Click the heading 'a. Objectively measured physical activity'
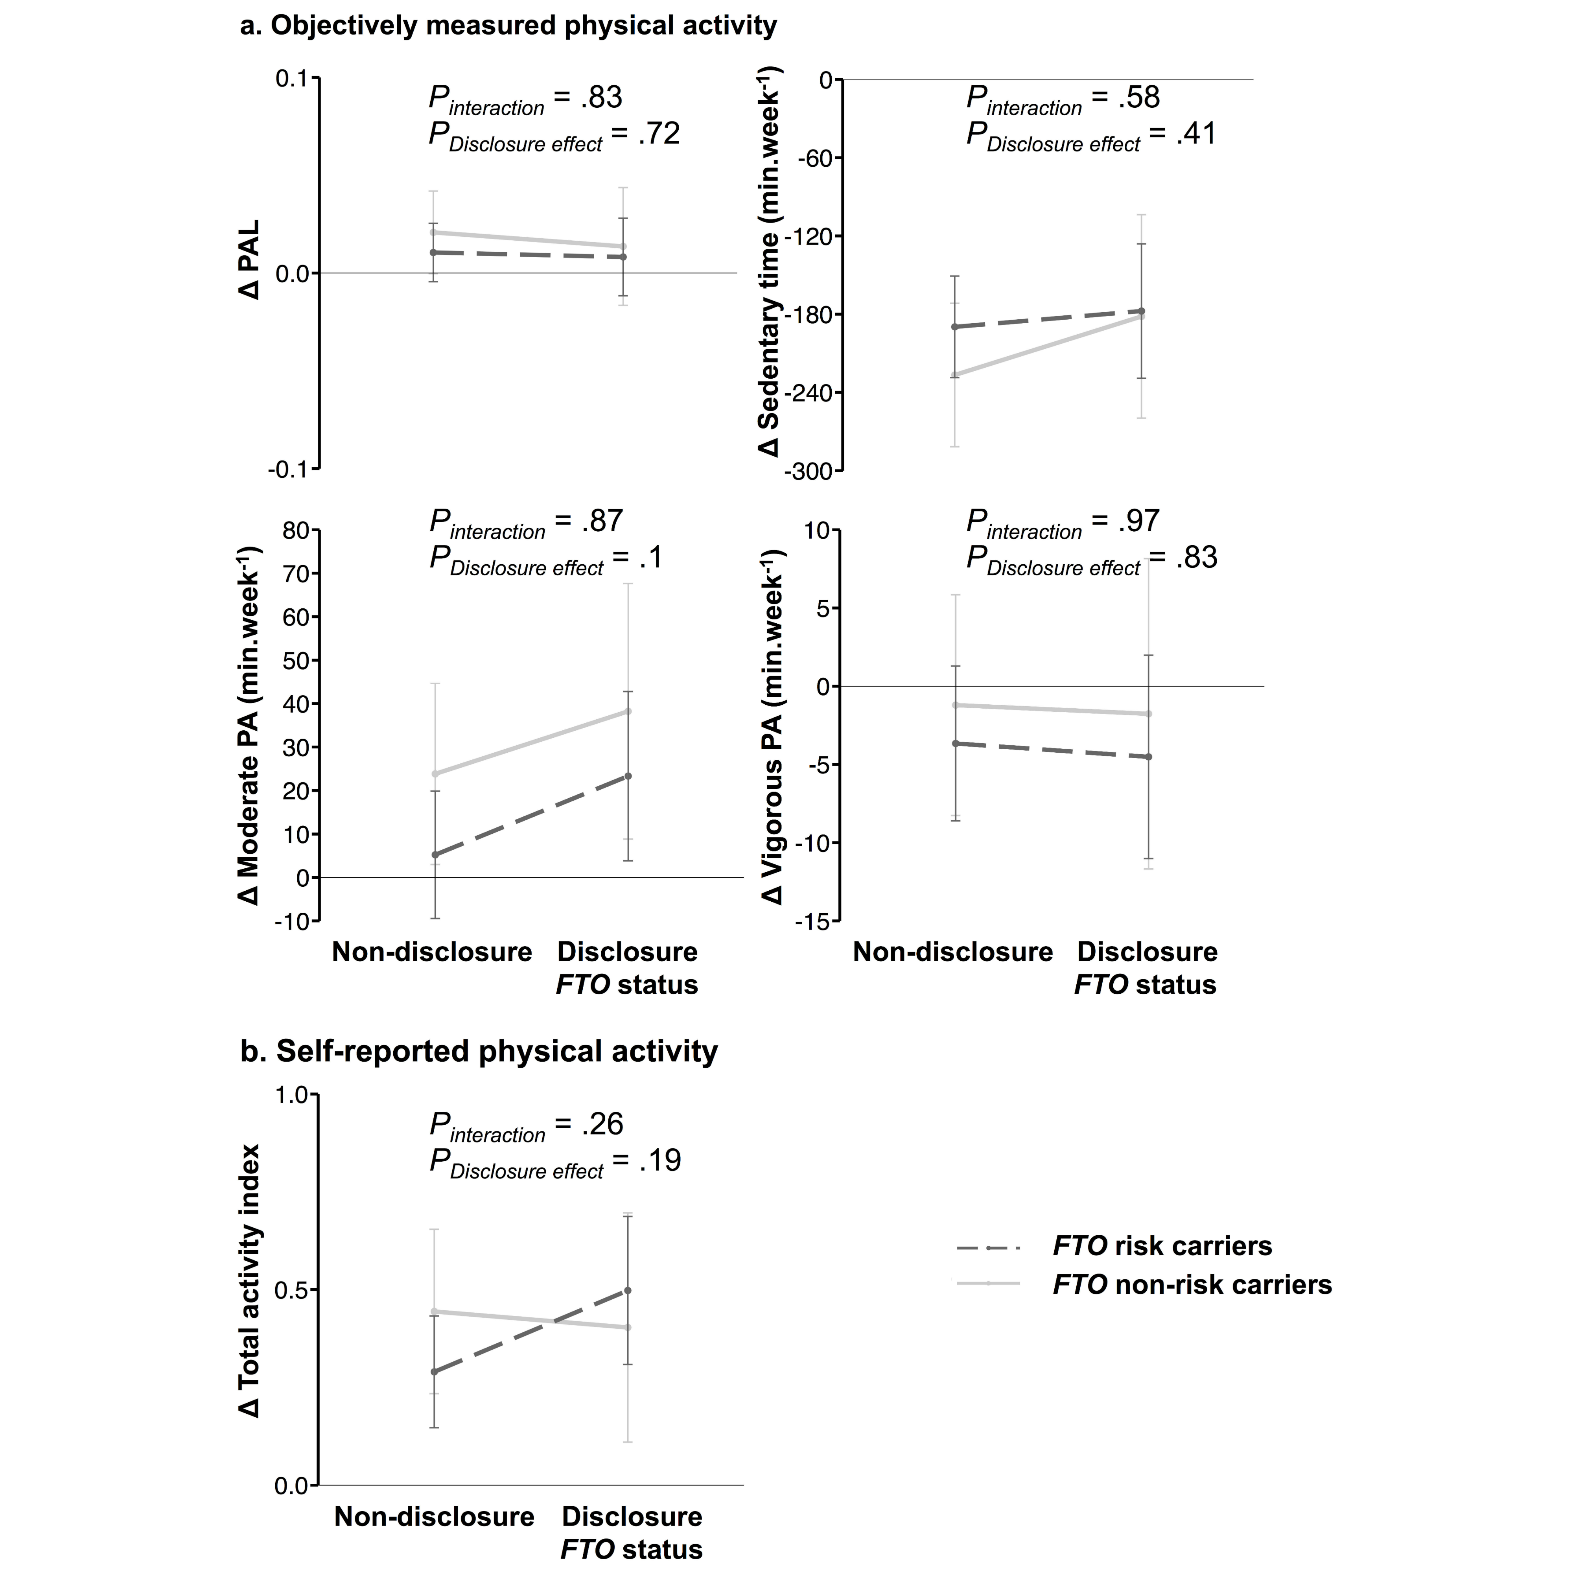508,25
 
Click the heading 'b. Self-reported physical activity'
479,1051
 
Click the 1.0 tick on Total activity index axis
291,1095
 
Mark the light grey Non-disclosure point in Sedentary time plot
954,374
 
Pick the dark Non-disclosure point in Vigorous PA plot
955,743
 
